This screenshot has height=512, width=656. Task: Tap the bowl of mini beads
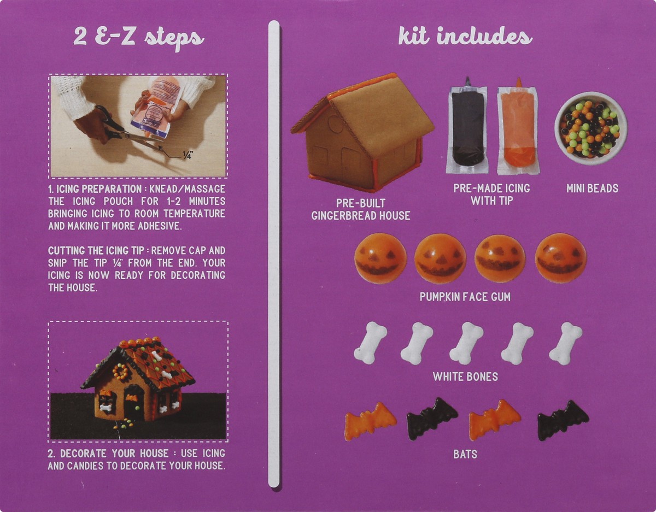point(590,128)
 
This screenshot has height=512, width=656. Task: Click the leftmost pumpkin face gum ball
point(380,258)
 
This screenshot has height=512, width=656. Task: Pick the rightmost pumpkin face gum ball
point(560,258)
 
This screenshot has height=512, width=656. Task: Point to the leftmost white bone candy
point(370,343)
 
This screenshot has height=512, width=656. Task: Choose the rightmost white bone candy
point(565,343)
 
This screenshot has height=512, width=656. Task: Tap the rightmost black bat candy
point(563,420)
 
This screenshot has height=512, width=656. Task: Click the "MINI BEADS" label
point(592,189)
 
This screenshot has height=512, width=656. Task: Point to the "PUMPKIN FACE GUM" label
point(465,297)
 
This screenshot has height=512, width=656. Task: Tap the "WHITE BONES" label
point(465,376)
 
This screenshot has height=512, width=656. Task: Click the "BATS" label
point(465,454)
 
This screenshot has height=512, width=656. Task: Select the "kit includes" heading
point(465,37)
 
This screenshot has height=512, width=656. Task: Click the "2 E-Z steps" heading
point(138,38)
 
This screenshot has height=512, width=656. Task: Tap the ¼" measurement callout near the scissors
point(187,156)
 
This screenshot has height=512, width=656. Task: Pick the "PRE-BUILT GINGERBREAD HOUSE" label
point(361,209)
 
